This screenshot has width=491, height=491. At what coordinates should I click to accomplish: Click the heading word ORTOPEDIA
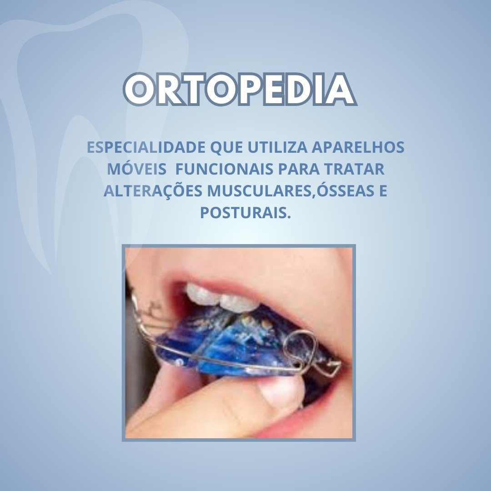click(240, 89)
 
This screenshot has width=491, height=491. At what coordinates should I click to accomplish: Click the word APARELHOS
click(358, 147)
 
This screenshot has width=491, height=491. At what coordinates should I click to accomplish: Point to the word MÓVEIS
click(137, 169)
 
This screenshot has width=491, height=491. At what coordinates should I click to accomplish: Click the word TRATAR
click(354, 169)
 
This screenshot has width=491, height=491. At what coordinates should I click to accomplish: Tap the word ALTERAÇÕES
click(153, 190)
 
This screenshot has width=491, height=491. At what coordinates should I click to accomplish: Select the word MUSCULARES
click(260, 191)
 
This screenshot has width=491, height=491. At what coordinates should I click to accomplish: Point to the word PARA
click(298, 169)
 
